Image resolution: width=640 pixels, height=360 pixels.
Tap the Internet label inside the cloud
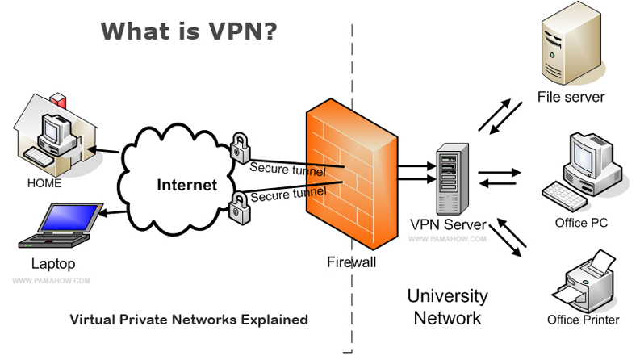tap(187, 185)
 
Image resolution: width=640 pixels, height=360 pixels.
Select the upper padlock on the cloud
tap(241, 148)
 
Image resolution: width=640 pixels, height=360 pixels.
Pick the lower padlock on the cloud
tap(239, 208)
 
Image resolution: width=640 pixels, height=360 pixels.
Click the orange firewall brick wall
tap(352, 174)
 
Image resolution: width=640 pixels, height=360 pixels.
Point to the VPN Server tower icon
tap(452, 178)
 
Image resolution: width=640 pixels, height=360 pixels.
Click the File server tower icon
tap(571, 45)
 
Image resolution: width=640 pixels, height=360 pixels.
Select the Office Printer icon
tap(584, 283)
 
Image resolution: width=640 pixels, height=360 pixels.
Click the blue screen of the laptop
tap(69, 219)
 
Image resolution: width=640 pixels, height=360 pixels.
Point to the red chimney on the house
tap(58, 100)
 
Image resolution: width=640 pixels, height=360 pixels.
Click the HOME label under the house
tap(44, 183)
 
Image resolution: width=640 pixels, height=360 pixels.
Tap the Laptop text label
tap(53, 264)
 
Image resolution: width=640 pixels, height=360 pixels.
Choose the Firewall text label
tap(351, 262)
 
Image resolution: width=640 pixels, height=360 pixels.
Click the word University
tap(447, 296)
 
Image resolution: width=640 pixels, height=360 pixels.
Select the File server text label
tap(571, 97)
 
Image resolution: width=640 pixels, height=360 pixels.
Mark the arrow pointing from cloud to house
tap(103, 150)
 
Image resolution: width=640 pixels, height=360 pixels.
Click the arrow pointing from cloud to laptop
tap(113, 212)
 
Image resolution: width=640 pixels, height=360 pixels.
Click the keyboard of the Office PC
tap(564, 196)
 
